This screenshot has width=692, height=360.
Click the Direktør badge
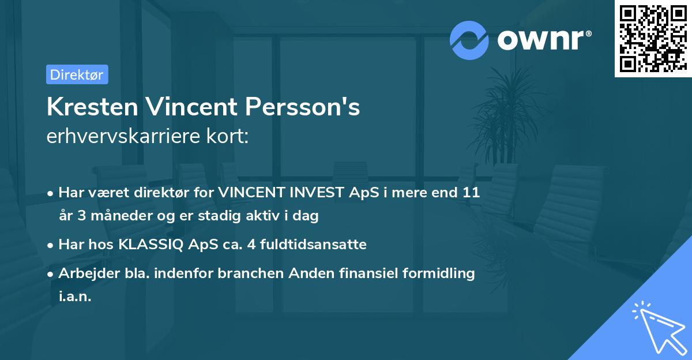click(x=77, y=74)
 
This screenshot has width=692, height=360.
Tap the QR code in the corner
click(x=653, y=39)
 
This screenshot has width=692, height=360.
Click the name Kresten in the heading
click(x=92, y=107)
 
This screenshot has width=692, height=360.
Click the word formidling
click(x=438, y=273)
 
